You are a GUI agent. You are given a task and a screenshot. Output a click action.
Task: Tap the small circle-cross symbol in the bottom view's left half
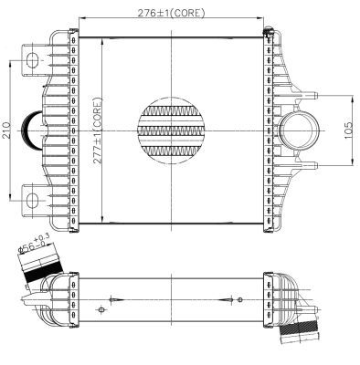110,298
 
